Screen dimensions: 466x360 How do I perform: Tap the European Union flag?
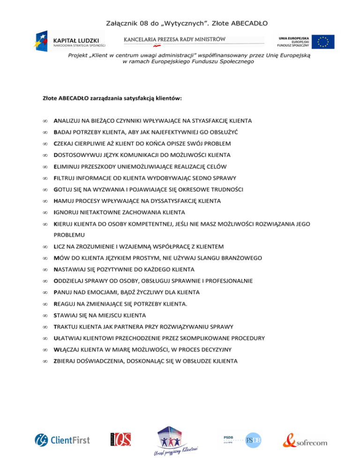click(x=325, y=42)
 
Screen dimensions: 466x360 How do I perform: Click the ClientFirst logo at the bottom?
click(x=62, y=440)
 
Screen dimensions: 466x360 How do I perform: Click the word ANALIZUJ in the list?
click(x=69, y=120)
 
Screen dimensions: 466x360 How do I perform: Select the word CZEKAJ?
click(x=66, y=143)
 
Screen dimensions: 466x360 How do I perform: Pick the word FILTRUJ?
click(x=66, y=178)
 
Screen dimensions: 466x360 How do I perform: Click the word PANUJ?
click(x=65, y=292)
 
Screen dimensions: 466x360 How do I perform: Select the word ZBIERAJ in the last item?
click(x=67, y=361)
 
